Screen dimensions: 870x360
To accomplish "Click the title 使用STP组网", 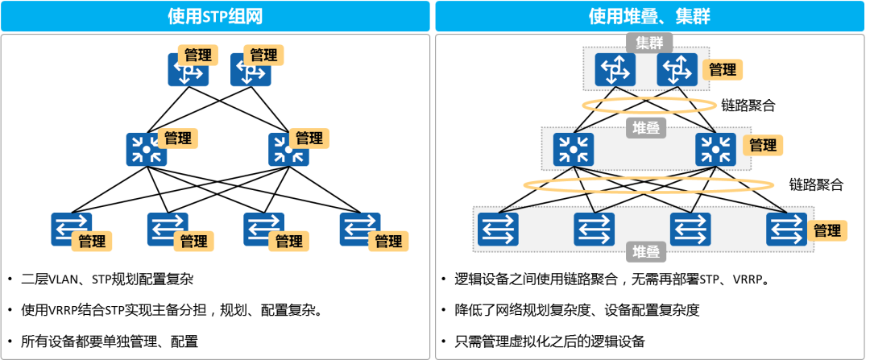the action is pyautogui.click(x=215, y=16).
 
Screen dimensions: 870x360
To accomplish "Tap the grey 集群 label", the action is pyautogui.click(x=648, y=43).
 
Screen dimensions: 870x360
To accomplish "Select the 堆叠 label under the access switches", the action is pyautogui.click(x=647, y=252).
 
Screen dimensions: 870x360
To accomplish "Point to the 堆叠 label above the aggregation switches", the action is pyautogui.click(x=646, y=127).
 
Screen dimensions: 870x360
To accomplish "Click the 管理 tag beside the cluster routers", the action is pyautogui.click(x=723, y=69).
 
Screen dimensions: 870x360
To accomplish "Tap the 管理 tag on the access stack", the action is pyautogui.click(x=827, y=231).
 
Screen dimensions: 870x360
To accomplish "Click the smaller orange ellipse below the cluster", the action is pyautogui.click(x=649, y=105).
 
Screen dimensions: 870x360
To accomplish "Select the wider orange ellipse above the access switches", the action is pyautogui.click(x=637, y=184).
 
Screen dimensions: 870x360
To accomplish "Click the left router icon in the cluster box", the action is pyautogui.click(x=615, y=69).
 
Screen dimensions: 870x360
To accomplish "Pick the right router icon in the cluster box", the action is pyautogui.click(x=677, y=69).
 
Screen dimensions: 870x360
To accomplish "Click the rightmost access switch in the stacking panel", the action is pyautogui.click(x=786, y=230).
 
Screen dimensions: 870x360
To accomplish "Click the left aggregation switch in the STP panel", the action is pyautogui.click(x=145, y=150).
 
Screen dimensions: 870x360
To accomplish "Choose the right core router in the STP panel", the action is pyautogui.click(x=250, y=71).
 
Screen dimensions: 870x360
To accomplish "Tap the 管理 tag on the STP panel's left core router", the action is pyautogui.click(x=197, y=56).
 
